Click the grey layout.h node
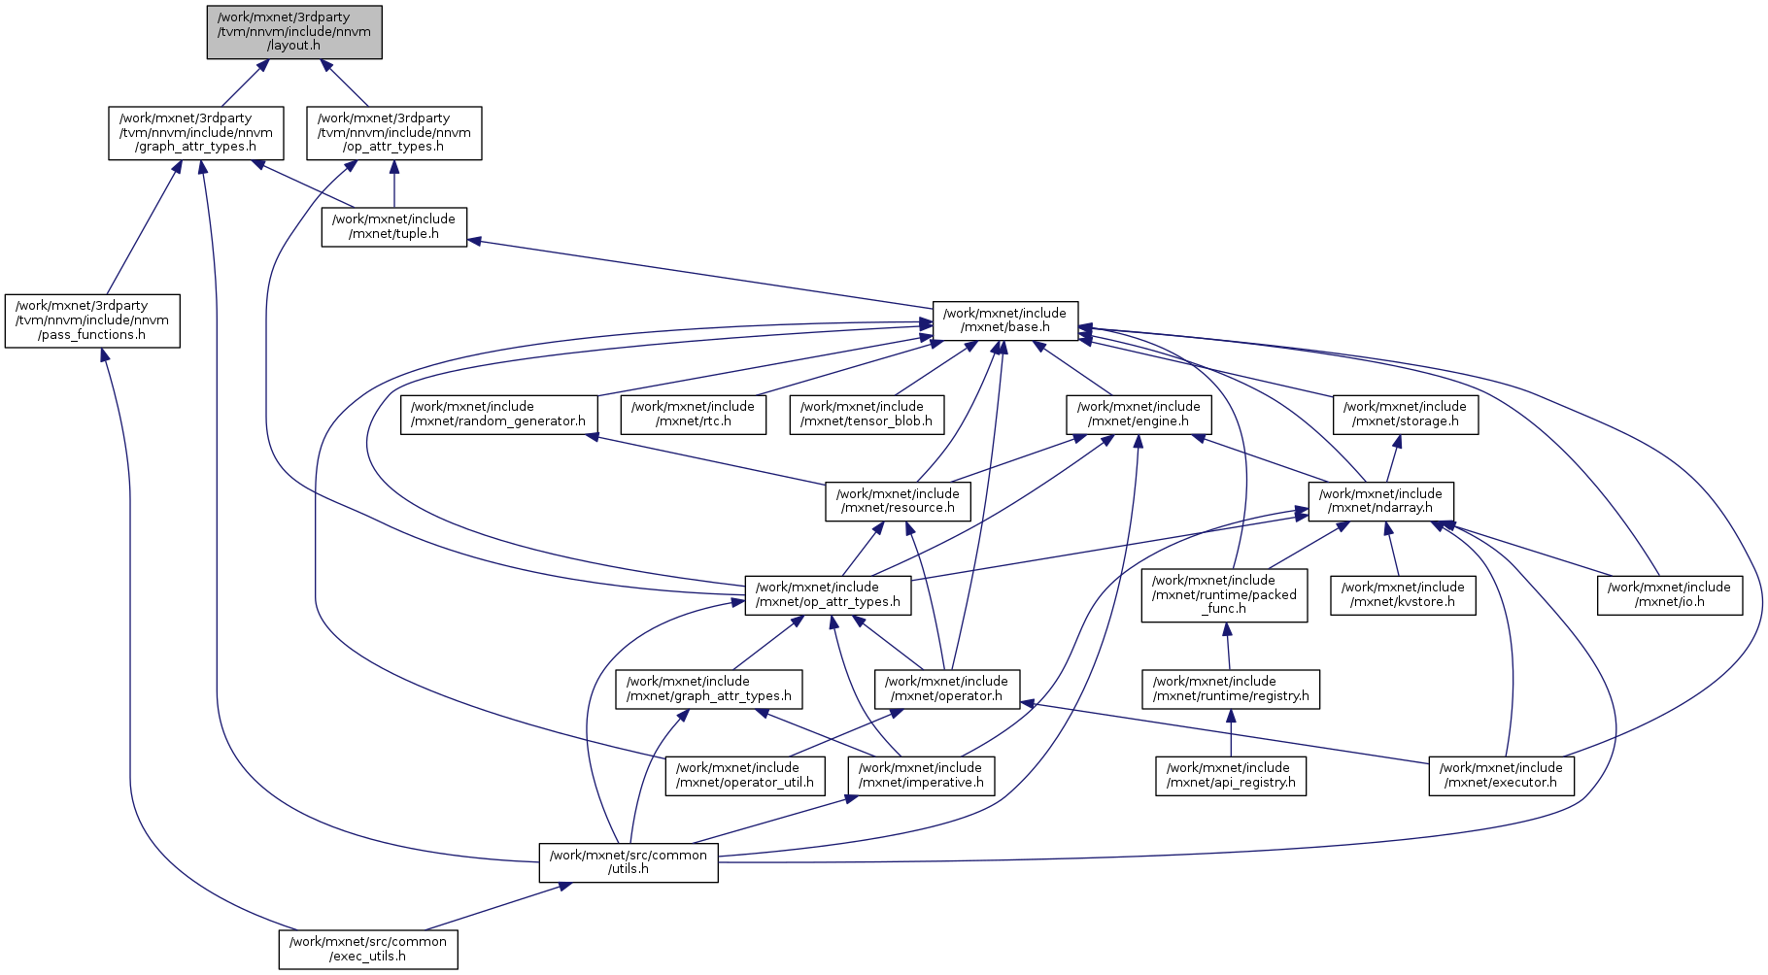pos(294,32)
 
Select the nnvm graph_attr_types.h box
pos(196,133)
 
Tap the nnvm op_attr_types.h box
pos(393,133)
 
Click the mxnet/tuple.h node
pos(393,226)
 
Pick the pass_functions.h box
pos(92,320)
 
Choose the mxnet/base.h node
pos(1004,320)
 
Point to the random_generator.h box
pos(498,415)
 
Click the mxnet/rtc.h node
pos(693,415)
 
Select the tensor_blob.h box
pos(866,415)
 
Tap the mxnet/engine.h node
pos(1139,415)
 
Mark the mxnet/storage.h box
pos(1405,415)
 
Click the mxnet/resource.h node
pos(898,501)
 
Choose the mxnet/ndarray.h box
pos(1380,501)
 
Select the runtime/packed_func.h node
pos(1224,594)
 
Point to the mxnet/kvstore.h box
pos(1403,594)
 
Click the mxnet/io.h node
pos(1669,594)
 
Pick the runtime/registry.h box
pos(1231,689)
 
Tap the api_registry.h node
pos(1231,775)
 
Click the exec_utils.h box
pos(368,949)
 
